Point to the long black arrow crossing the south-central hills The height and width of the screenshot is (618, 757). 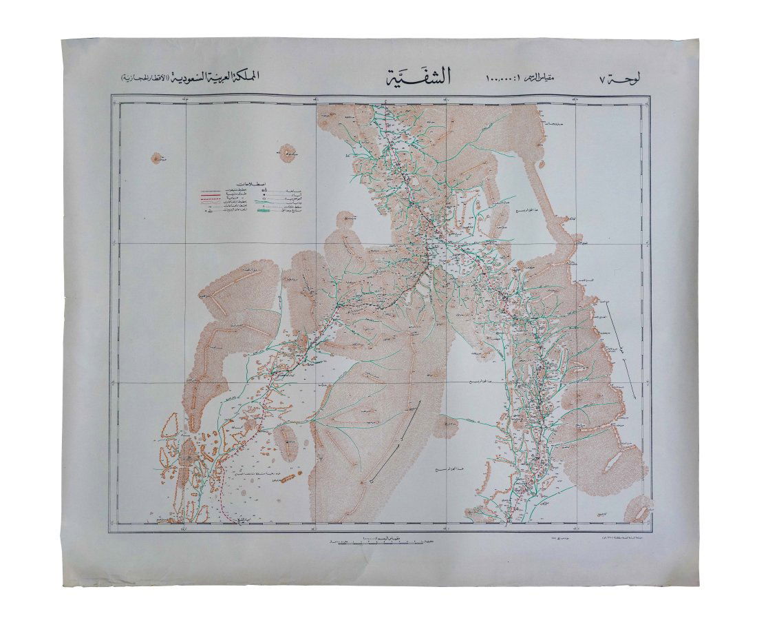(x=394, y=441)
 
